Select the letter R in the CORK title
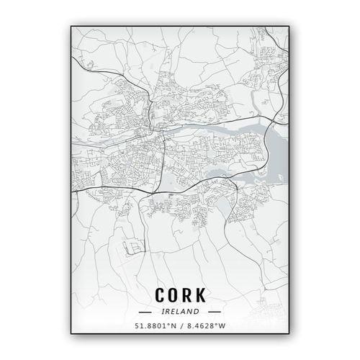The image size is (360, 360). [188, 295]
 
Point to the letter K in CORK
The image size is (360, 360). [202, 295]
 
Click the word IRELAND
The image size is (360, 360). [180, 311]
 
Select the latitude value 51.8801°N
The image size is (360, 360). [153, 325]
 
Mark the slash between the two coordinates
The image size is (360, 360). [181, 325]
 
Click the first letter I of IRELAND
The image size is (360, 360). [164, 311]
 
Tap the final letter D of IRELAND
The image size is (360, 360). [197, 311]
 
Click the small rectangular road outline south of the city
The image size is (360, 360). [132, 248]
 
